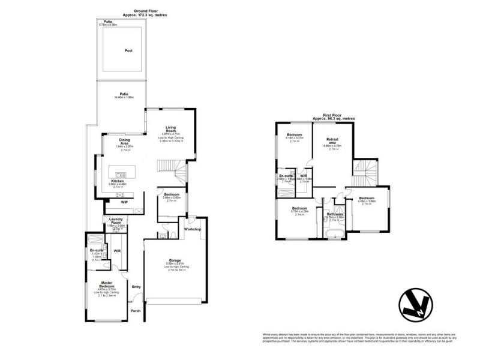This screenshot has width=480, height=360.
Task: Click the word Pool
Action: [x=128, y=51]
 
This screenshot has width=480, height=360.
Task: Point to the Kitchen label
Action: [x=117, y=181]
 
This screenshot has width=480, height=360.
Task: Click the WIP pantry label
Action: [x=124, y=202]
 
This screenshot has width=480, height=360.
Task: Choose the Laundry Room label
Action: [x=116, y=222]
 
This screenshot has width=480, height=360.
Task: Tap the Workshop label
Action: [x=192, y=230]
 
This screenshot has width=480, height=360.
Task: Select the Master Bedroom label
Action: [x=107, y=284]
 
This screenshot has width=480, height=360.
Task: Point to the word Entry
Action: [x=136, y=287]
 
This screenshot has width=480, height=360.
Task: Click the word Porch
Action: [x=136, y=310]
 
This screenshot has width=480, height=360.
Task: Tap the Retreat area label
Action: [x=332, y=140]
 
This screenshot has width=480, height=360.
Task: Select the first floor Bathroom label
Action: [x=335, y=214]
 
